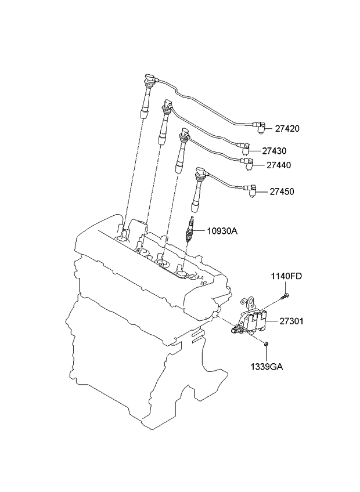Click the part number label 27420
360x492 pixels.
(287, 129)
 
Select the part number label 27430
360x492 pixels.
(274, 151)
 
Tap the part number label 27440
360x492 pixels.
(279, 165)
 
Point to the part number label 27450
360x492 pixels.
(282, 191)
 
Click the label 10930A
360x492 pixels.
(222, 231)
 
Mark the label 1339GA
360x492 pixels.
(267, 366)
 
